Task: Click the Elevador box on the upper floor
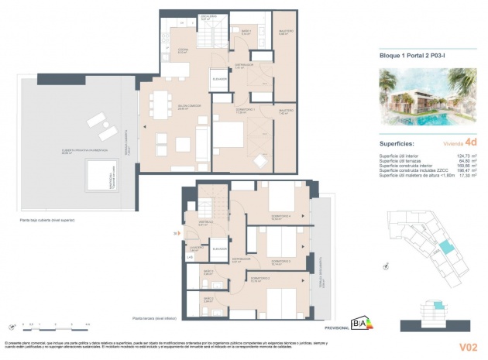(x=218, y=80)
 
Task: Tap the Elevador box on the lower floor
(x=220, y=249)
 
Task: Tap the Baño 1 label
(x=245, y=32)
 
